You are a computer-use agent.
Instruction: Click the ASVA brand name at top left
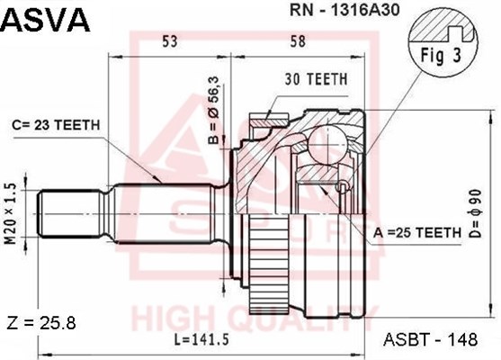(47, 20)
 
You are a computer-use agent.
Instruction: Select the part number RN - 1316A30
(344, 11)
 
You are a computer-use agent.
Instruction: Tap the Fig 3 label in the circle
(441, 55)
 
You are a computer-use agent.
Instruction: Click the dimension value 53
(170, 41)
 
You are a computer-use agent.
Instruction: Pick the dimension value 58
(298, 41)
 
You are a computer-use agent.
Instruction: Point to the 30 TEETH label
(316, 79)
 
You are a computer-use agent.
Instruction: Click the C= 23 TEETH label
(57, 125)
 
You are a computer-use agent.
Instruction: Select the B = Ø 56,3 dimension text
(213, 111)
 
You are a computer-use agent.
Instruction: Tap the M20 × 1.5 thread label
(12, 214)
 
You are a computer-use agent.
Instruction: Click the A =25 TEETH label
(417, 233)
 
